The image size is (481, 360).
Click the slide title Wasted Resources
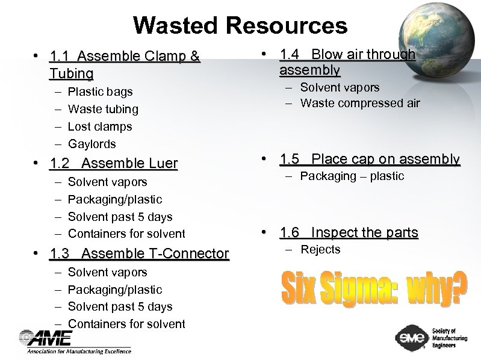tap(240, 25)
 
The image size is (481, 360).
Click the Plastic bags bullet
tap(100, 92)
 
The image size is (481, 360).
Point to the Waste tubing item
tap(103, 110)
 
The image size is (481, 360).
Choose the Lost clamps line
tap(100, 127)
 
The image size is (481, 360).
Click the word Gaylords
tap(92, 144)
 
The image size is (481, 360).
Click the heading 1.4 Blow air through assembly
tap(347, 63)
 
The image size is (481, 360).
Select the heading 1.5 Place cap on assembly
tap(370, 160)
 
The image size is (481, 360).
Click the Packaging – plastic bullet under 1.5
tap(352, 176)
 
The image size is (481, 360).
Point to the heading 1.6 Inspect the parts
tap(349, 233)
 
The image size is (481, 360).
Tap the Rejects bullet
tap(320, 250)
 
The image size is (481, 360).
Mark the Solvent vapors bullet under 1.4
tap(340, 87)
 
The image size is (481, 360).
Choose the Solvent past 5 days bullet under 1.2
tap(120, 217)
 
